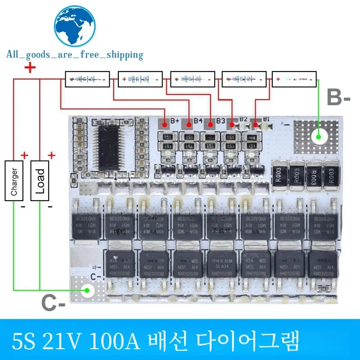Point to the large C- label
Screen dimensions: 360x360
(54, 304)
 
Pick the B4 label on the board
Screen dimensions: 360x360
(197, 121)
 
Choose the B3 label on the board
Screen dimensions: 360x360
(220, 121)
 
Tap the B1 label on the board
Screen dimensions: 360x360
(266, 119)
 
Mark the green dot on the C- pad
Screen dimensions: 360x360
(88, 291)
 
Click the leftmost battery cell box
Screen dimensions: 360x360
(87, 80)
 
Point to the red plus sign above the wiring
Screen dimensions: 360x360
(30, 68)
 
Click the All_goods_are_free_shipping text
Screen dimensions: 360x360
(75, 55)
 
